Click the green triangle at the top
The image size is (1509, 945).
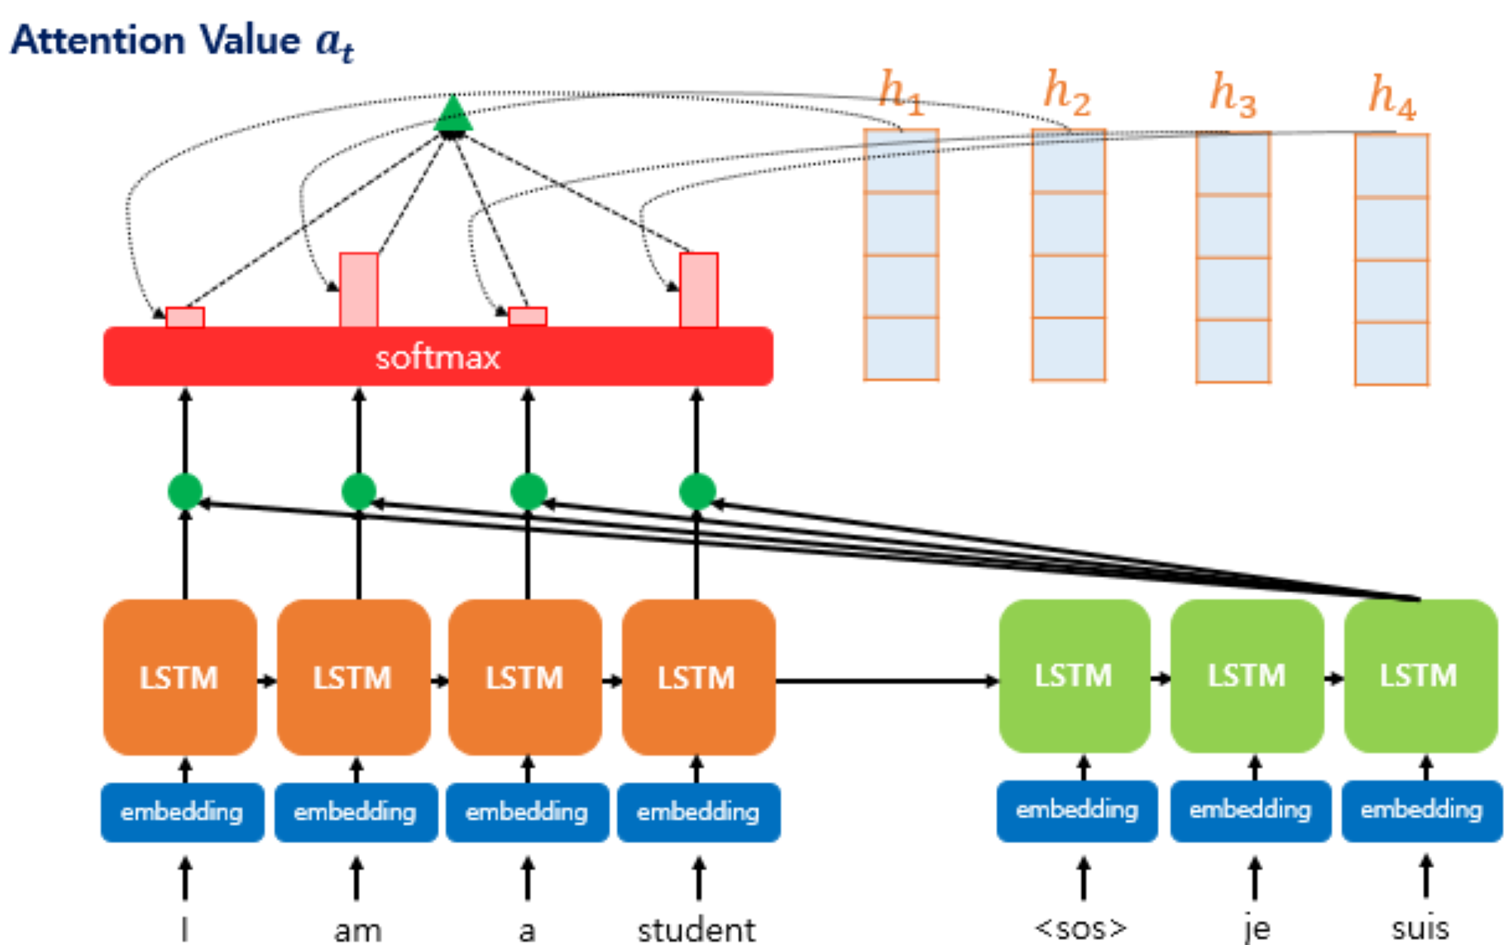(453, 115)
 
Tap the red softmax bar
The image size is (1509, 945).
(438, 357)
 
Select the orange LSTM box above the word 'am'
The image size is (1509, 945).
(353, 677)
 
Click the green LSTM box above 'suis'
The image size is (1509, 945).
(1420, 676)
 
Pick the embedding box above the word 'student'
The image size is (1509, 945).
(698, 812)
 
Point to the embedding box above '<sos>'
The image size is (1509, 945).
(1077, 810)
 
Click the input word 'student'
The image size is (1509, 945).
(696, 930)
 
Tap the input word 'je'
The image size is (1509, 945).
(1256, 928)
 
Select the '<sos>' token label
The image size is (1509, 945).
(1080, 928)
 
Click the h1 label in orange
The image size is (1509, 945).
(901, 92)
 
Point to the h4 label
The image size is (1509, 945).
(1392, 97)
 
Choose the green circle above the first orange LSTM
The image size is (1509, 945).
(185, 492)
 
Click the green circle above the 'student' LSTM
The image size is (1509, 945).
(697, 492)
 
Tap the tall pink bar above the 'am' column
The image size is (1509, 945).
(358, 290)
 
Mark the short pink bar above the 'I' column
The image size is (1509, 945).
(185, 317)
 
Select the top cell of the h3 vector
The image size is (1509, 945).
(1233, 164)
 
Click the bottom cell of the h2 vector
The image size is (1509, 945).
(1068, 348)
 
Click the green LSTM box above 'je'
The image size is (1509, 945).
(1246, 676)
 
